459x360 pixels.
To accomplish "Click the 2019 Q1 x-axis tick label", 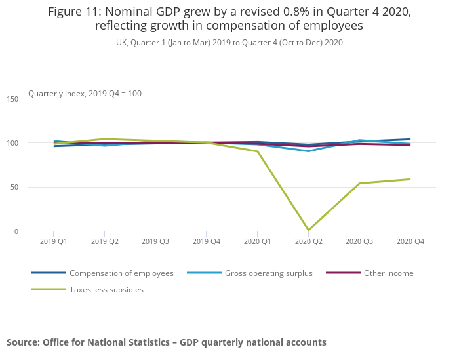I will point(53,241).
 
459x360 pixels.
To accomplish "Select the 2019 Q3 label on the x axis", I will point(155,241).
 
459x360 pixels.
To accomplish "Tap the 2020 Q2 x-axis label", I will point(308,241).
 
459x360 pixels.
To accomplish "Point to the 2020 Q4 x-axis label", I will point(410,241).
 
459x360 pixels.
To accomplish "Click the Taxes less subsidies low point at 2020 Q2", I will point(308,230).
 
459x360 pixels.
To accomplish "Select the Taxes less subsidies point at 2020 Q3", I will point(359,183).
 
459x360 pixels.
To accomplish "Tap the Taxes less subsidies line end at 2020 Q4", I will point(410,179).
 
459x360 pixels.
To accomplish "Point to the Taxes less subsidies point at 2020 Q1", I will point(257,151).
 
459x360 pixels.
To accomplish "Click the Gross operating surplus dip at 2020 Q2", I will point(308,151).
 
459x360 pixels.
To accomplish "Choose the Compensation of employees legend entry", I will point(121,273).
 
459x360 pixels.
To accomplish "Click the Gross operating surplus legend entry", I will point(268,273).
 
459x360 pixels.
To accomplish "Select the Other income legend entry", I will point(388,273).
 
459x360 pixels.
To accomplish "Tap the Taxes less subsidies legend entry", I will point(106,289).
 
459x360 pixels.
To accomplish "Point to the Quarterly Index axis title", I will point(85,94).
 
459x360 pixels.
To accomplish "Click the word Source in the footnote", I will point(23,342).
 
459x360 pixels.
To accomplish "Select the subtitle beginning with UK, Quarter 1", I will point(229,42).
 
